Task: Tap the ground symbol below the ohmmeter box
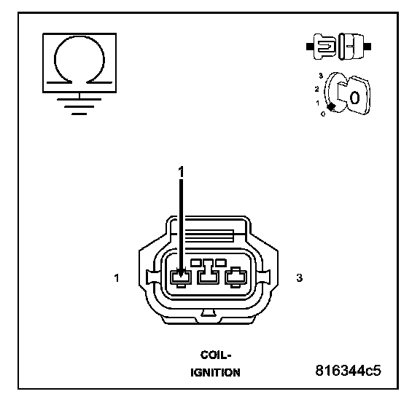click(79, 106)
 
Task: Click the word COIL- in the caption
click(216, 355)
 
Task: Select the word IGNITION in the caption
click(215, 373)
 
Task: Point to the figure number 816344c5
click(348, 371)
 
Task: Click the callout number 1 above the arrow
click(182, 172)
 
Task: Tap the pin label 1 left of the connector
click(116, 278)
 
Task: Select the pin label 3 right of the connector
click(300, 278)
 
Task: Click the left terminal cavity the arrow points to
click(181, 278)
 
